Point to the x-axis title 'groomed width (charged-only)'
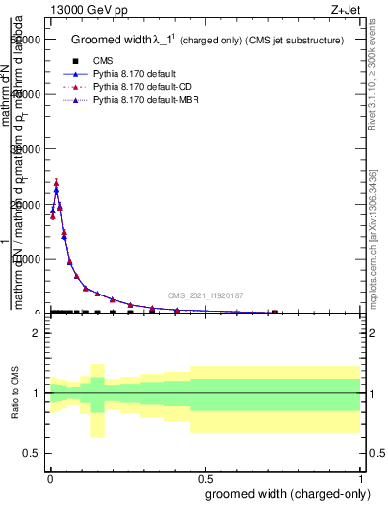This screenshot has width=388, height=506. click(284, 493)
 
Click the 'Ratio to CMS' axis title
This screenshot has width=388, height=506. click(14, 393)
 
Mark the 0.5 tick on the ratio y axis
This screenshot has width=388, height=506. click(31, 453)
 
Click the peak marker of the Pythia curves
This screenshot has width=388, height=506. click(56, 183)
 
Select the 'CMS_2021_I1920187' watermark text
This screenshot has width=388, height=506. click(204, 295)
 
